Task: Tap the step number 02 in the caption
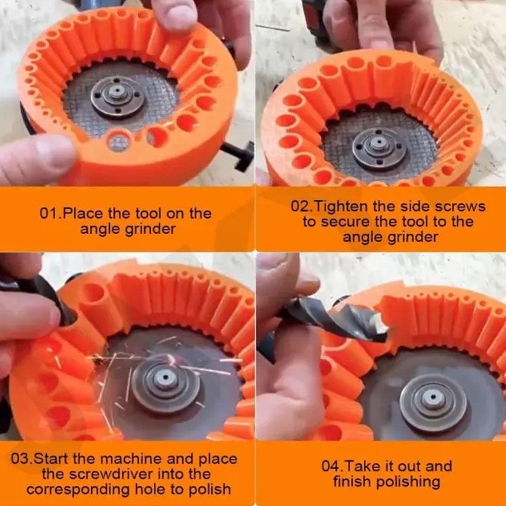[299, 206]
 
